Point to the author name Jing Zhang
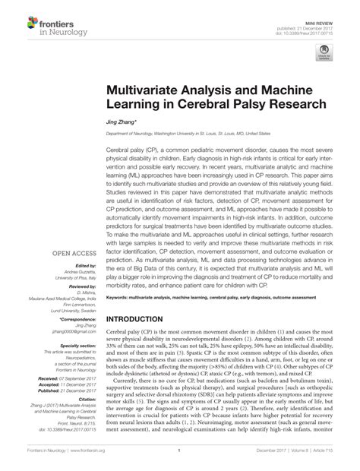tap(122, 122)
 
